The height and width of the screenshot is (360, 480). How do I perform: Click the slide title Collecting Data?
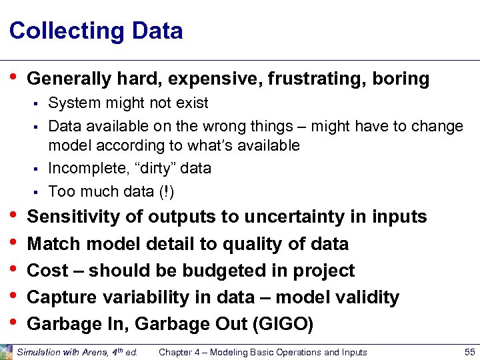(x=96, y=31)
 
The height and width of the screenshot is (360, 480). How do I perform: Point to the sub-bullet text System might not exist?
(x=128, y=103)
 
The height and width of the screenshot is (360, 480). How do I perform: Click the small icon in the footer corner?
(x=6, y=351)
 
